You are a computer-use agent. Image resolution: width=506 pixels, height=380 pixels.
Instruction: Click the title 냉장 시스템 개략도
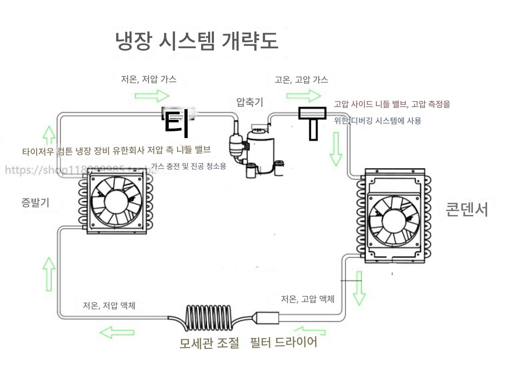point(197,41)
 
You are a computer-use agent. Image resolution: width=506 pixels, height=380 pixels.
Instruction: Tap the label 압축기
point(250,102)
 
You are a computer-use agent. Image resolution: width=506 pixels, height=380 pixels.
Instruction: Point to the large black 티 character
point(176,123)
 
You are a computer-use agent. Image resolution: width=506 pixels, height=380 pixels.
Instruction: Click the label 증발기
point(35,202)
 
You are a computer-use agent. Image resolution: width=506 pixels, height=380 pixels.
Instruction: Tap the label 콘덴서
point(467,209)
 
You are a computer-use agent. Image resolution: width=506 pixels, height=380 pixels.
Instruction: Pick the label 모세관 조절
point(209,343)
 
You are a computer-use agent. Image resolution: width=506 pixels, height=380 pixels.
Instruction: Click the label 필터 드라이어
point(283,342)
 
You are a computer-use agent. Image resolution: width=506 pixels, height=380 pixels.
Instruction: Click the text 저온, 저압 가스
point(149,79)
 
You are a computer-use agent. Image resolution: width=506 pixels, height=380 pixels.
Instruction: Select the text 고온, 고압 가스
point(301,80)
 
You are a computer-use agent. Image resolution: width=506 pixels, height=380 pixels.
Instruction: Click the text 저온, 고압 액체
point(308,299)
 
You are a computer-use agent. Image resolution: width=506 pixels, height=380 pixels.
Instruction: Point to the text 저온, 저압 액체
point(109,305)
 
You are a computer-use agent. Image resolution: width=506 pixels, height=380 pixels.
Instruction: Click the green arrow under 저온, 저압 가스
point(152,96)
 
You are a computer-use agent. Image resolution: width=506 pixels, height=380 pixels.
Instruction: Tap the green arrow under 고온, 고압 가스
point(304,96)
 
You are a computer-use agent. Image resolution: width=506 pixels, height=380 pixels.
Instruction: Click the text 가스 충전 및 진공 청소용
point(188,166)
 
